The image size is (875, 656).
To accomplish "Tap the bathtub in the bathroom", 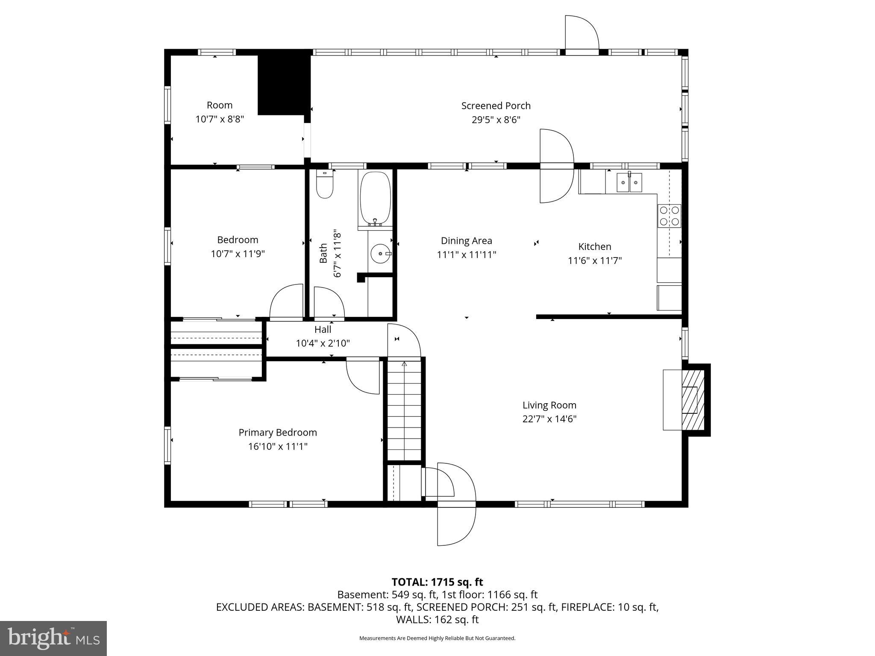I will [x=375, y=199].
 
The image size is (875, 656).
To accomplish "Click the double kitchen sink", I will [x=629, y=183].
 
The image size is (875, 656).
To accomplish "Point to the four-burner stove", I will [x=669, y=216].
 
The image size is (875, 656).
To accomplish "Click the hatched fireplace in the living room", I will [x=693, y=399].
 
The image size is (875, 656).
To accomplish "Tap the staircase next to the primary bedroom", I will [x=404, y=410].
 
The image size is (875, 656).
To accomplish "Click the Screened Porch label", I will [x=496, y=105].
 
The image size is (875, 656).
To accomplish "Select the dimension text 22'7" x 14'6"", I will [x=549, y=419].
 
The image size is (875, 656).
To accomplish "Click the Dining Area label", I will [x=466, y=241].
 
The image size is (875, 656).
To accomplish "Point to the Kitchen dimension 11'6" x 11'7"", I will [x=594, y=261].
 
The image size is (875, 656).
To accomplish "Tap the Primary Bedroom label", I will [x=278, y=433].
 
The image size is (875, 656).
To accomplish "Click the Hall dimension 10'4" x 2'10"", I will [x=323, y=343].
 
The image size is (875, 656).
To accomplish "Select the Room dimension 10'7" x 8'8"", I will [x=220, y=119].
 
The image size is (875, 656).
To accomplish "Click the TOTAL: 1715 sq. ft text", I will [x=437, y=582].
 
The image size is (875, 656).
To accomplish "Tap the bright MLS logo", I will [x=53, y=638].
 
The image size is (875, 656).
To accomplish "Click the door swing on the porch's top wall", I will [x=582, y=33].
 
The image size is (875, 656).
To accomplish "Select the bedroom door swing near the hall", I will [x=287, y=301].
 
